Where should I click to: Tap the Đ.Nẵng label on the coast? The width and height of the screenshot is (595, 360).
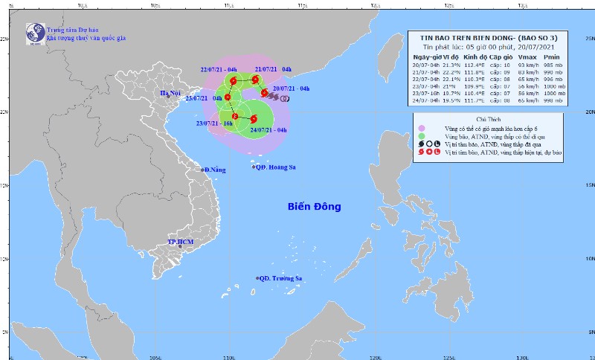[x=215, y=170]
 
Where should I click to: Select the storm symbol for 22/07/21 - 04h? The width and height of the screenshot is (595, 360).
[x=233, y=80]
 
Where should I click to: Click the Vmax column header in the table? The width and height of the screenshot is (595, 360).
[x=525, y=57]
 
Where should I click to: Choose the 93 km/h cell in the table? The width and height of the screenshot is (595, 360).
[x=525, y=65]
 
